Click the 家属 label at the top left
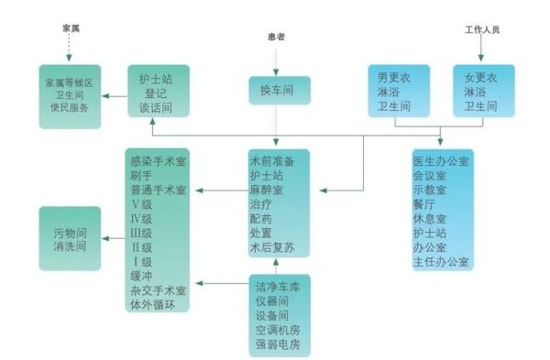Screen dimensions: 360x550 [71, 28]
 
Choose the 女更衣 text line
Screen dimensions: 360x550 [479, 78]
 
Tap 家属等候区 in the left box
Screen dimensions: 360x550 [69, 82]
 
